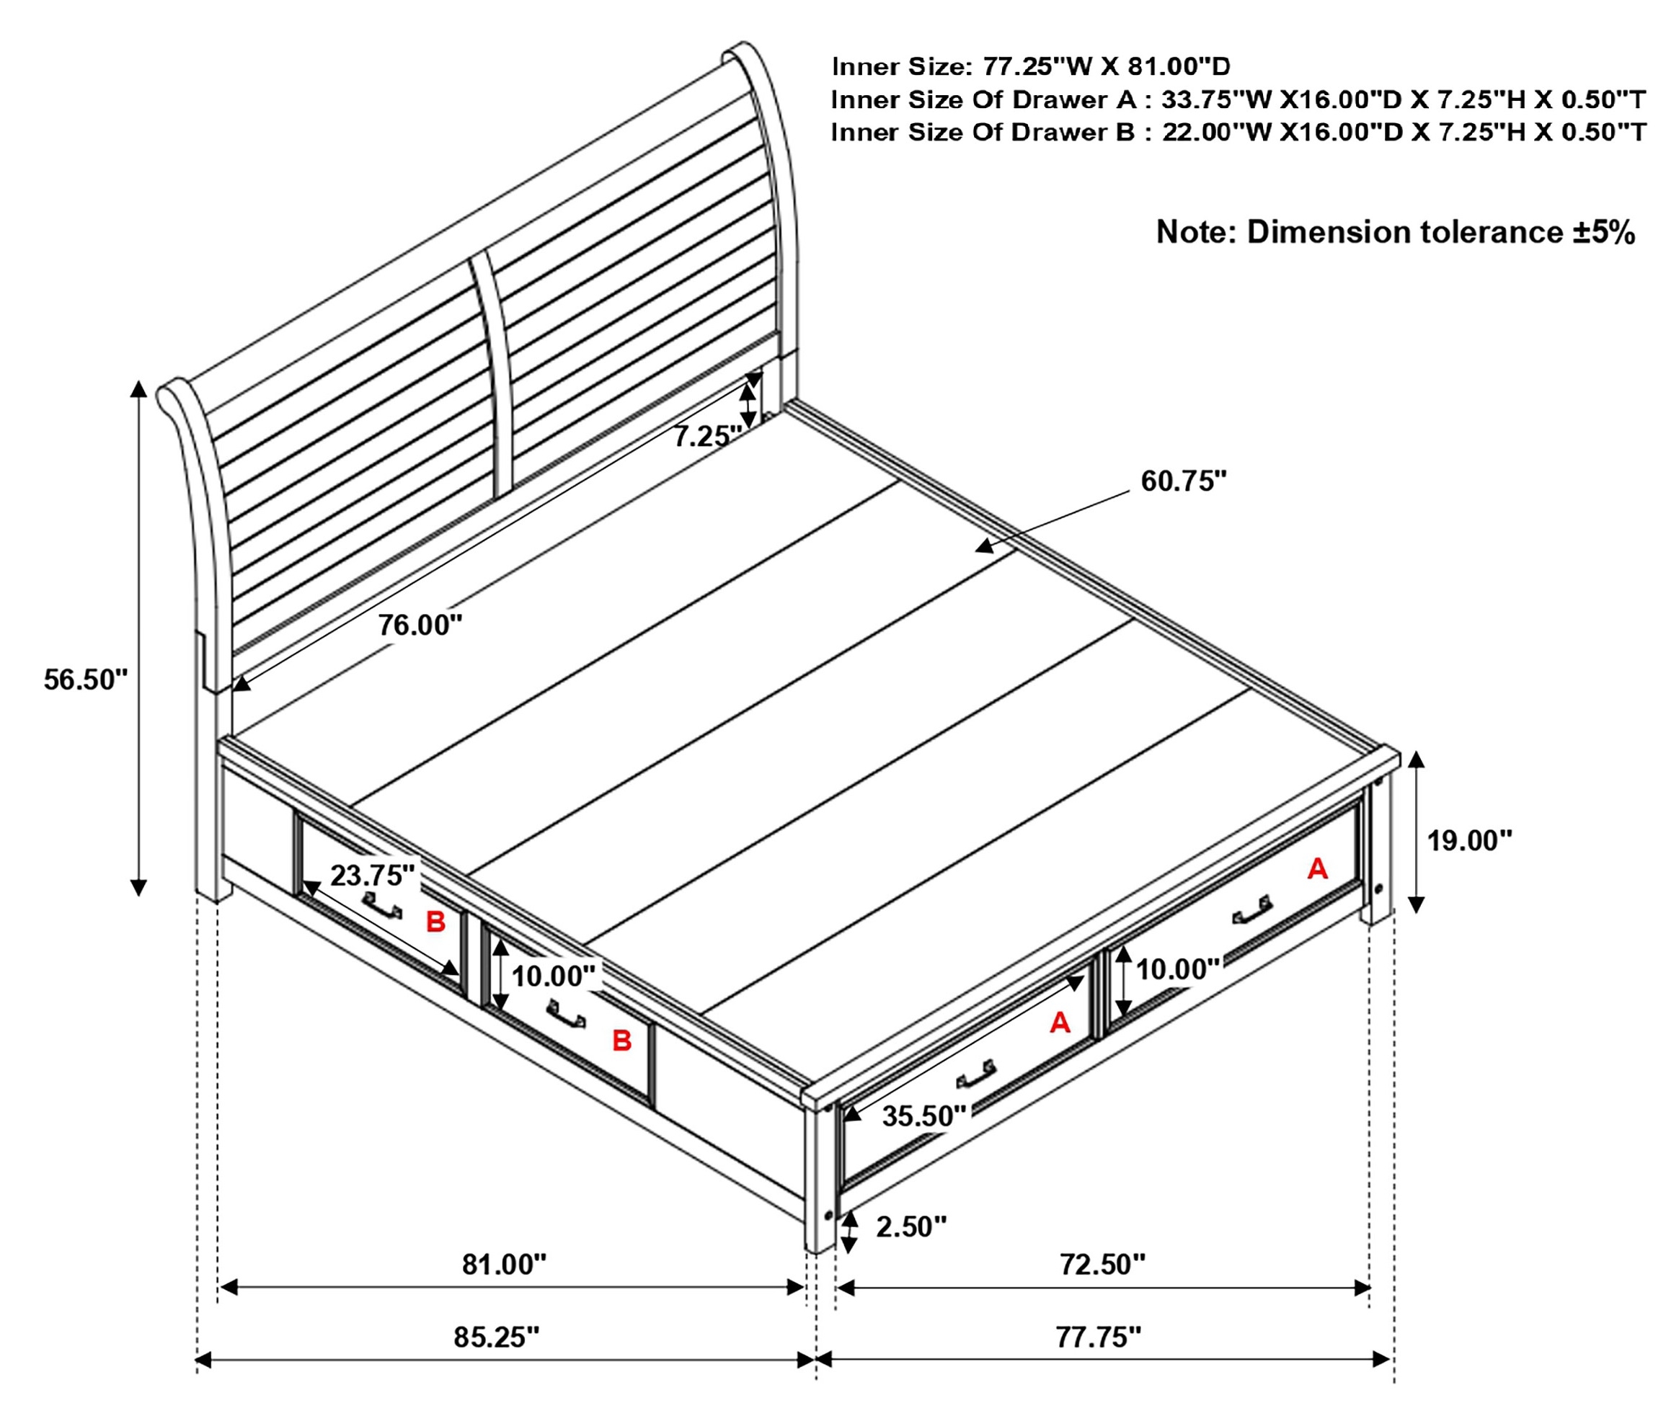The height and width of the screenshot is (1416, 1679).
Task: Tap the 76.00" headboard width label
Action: (x=421, y=625)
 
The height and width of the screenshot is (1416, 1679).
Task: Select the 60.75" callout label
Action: (x=1184, y=481)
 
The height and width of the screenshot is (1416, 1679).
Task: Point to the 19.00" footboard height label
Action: (x=1469, y=840)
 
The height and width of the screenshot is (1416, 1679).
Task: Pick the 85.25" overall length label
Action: (x=496, y=1337)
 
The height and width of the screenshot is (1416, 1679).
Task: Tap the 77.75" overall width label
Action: (x=1098, y=1337)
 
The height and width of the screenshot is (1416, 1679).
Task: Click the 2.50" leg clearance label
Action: (x=911, y=1226)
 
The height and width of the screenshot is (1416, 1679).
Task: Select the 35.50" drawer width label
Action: (x=924, y=1116)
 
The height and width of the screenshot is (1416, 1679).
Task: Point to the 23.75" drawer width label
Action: (x=373, y=875)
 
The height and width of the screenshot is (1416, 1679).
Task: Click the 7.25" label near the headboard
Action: (x=706, y=436)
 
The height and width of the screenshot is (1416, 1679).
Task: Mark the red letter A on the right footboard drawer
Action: (x=1318, y=868)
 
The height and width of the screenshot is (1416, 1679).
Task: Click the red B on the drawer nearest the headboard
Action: (x=435, y=922)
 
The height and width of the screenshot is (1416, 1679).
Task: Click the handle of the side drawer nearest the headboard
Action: (x=381, y=904)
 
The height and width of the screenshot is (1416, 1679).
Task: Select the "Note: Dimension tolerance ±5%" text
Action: (x=1396, y=232)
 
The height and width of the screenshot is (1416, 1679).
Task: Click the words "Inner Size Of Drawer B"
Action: (x=983, y=132)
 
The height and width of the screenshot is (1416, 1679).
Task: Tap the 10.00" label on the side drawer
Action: (x=553, y=976)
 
